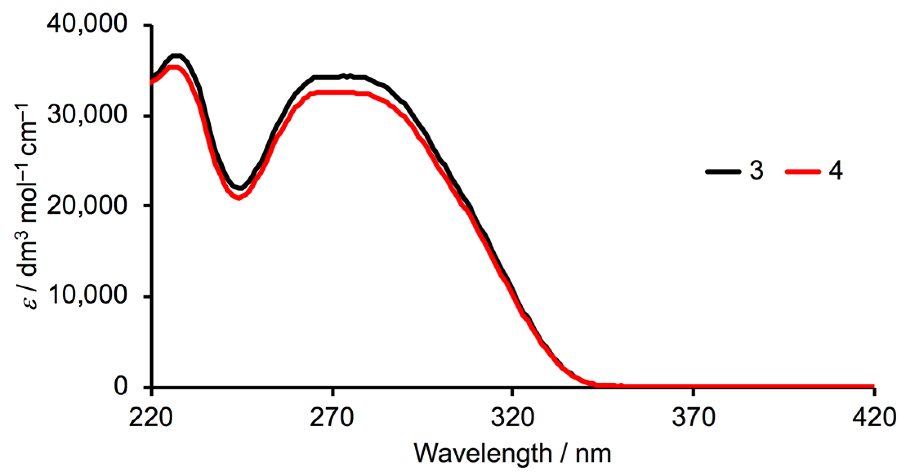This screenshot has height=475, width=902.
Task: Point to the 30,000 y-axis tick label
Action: (87, 115)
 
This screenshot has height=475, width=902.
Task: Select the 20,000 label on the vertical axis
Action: (87, 206)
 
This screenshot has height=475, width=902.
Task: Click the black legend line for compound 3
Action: (723, 172)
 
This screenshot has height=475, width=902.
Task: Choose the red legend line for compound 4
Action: (803, 172)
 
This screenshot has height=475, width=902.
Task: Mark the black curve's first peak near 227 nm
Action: (176, 55)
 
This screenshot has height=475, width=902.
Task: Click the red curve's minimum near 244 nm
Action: (239, 198)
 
